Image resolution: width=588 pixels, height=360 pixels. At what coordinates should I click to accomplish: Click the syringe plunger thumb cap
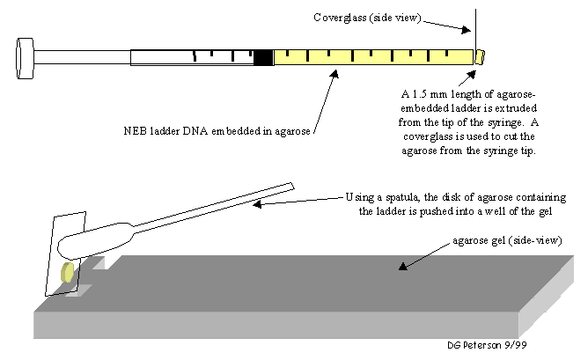pos(24,55)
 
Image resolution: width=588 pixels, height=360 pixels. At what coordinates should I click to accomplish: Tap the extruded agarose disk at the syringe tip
pos(480,57)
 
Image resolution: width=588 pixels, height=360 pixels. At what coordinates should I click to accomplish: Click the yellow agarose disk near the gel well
pos(67,275)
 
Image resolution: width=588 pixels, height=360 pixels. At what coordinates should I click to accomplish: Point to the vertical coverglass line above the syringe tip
pos(476,26)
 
